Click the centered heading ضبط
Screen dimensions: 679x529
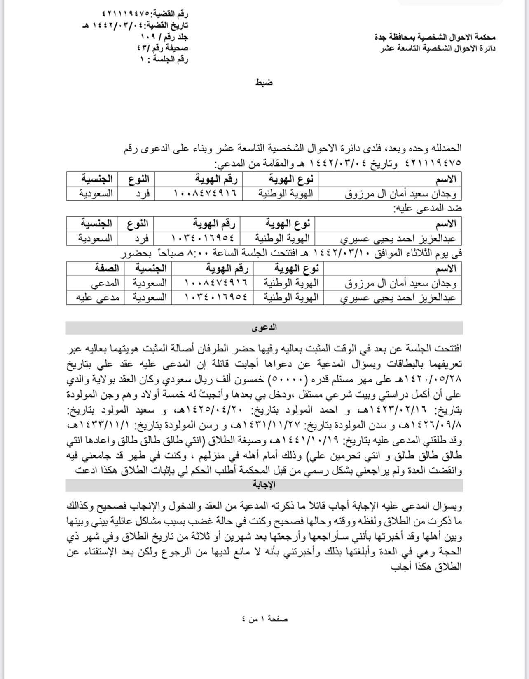point(264,83)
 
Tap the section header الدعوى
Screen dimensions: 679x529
point(264,328)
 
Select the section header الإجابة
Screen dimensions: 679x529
point(264,485)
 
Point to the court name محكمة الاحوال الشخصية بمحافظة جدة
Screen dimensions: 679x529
point(435,37)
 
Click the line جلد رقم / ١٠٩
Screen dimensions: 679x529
point(164,37)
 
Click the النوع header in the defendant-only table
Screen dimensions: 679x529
point(138,224)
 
